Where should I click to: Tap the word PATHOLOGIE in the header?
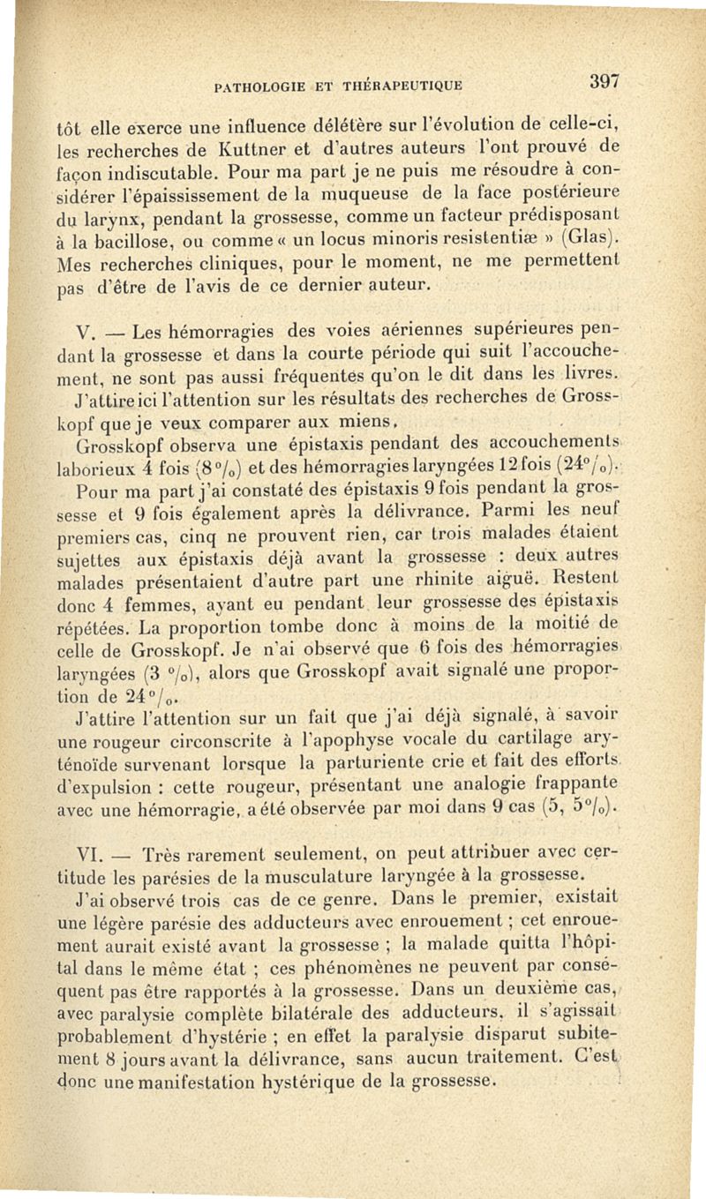[254, 86]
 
